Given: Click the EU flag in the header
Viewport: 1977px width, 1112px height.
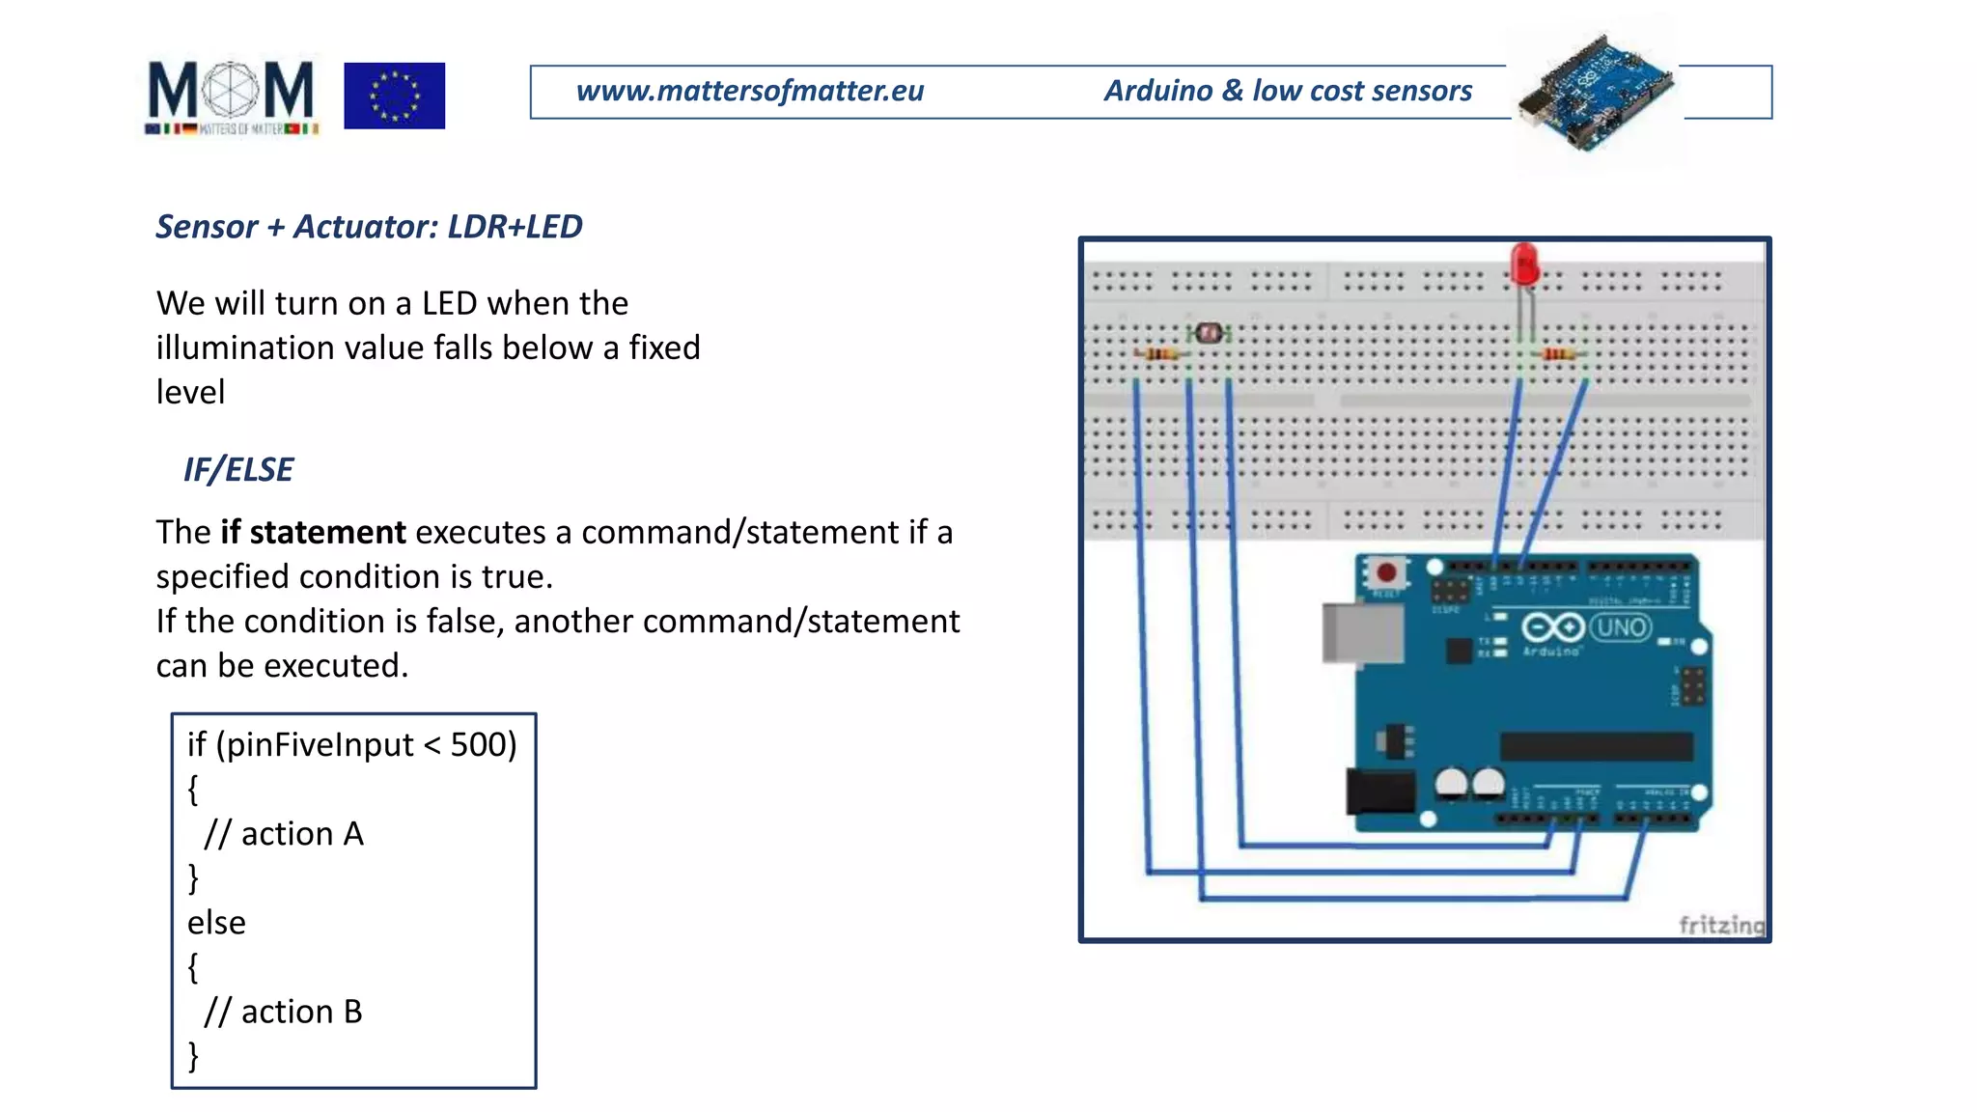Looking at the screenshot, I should pos(394,96).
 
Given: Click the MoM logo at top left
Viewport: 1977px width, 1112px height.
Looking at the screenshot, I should pos(231,97).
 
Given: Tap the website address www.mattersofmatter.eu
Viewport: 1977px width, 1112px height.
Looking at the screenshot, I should pos(749,91).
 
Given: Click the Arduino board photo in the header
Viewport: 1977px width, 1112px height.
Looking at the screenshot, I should pos(1595,93).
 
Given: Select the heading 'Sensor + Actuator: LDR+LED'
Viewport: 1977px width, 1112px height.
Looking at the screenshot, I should pos(369,227).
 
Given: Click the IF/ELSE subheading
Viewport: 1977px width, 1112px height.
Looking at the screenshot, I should pos(238,470).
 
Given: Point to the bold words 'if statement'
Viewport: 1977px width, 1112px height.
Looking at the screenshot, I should pos(313,532).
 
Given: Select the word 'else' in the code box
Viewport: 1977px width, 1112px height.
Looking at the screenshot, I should pos(216,923).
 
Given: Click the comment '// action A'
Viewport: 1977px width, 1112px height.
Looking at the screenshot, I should pos(284,834).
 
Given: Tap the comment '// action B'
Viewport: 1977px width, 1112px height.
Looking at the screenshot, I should pos(283,1012).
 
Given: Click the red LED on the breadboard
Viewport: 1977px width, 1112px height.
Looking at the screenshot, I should pos(1524,264).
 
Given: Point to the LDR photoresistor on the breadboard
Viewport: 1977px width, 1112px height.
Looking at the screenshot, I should pos(1208,334).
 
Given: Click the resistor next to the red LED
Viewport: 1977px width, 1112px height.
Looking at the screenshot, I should pos(1558,355).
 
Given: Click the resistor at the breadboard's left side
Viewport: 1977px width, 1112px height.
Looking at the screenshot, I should pos(1161,355).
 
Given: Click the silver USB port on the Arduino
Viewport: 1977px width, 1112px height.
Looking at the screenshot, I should pos(1362,633).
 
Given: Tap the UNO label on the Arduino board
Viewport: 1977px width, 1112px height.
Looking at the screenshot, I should pos(1621,627).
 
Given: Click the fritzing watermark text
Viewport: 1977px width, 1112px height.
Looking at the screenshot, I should pos(1721,925).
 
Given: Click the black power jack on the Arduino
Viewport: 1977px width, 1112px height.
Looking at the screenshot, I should pos(1380,792).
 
